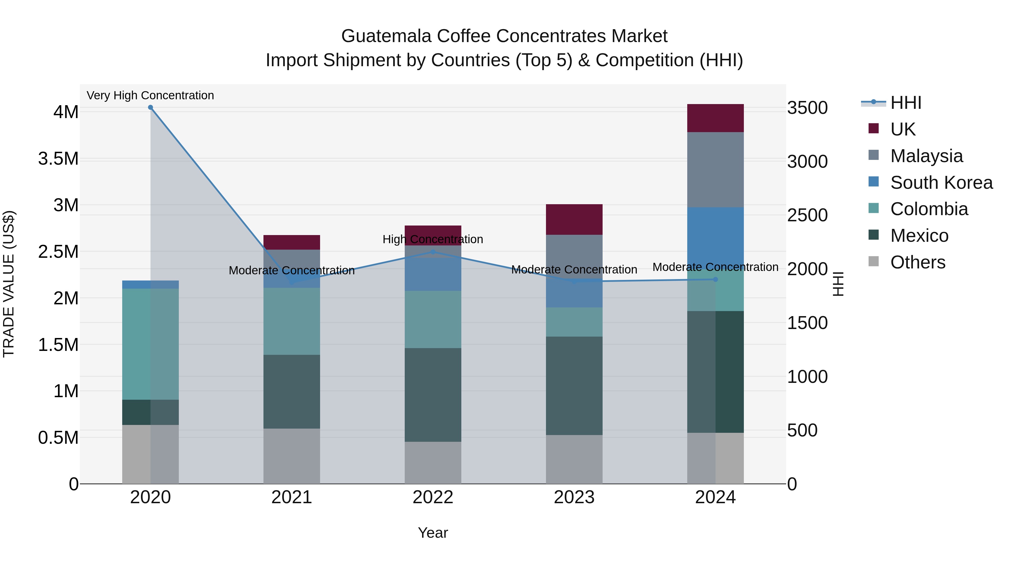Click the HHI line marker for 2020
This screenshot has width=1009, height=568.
click(x=151, y=107)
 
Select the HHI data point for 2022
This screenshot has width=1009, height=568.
click(x=433, y=252)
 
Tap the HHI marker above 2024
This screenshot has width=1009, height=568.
click(x=715, y=279)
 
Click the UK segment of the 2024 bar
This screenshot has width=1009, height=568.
click(x=715, y=118)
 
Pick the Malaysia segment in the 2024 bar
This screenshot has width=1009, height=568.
click(x=715, y=170)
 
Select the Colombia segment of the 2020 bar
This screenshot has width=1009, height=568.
click(x=151, y=344)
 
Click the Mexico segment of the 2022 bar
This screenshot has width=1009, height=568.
click(x=433, y=395)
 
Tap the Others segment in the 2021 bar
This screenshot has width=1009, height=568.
click(x=291, y=456)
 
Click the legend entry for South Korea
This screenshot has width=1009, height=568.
click(x=941, y=183)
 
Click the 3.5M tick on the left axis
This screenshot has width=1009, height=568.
click(x=58, y=159)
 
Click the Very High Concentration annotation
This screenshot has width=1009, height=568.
click(x=151, y=96)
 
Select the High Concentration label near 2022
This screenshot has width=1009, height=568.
click(x=433, y=239)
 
